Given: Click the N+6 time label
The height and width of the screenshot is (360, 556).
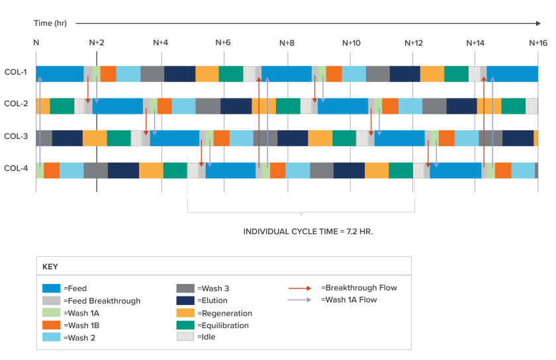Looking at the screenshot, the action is pyautogui.click(x=223, y=42).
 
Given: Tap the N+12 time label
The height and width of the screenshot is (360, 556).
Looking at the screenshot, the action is pyautogui.click(x=414, y=43).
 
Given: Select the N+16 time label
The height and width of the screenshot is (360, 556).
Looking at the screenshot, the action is pyautogui.click(x=538, y=43).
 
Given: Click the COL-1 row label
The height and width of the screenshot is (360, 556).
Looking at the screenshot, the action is pyautogui.click(x=16, y=72).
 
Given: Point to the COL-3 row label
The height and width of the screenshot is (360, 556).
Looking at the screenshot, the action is pyautogui.click(x=16, y=136).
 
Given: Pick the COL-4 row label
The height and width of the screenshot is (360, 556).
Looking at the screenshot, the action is pyautogui.click(x=16, y=168).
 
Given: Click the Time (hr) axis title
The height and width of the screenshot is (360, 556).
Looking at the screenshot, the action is pyautogui.click(x=50, y=23).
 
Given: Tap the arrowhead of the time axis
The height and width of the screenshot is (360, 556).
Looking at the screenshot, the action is pyautogui.click(x=539, y=23).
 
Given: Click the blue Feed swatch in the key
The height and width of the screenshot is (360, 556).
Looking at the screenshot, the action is pyautogui.click(x=52, y=288).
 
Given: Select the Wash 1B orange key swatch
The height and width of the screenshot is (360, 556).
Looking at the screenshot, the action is pyautogui.click(x=52, y=325).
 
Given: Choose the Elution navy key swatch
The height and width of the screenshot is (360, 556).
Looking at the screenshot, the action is pyautogui.click(x=185, y=300).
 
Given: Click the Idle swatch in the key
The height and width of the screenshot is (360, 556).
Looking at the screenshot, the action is pyautogui.click(x=185, y=336).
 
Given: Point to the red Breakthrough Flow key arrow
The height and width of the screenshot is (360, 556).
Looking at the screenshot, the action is pyautogui.click(x=300, y=289).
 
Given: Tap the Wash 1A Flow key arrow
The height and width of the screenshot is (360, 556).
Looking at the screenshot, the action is pyautogui.click(x=300, y=300).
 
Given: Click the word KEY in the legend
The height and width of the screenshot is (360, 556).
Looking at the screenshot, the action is pyautogui.click(x=50, y=267).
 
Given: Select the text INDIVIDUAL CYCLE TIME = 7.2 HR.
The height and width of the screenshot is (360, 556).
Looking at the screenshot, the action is pyautogui.click(x=308, y=232).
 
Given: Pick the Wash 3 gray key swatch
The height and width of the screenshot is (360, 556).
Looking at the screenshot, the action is pyautogui.click(x=185, y=288).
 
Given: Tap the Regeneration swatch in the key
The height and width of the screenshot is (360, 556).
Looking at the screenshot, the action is pyautogui.click(x=185, y=313).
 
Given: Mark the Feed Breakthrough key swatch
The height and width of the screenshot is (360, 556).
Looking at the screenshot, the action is pyautogui.click(x=52, y=300).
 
